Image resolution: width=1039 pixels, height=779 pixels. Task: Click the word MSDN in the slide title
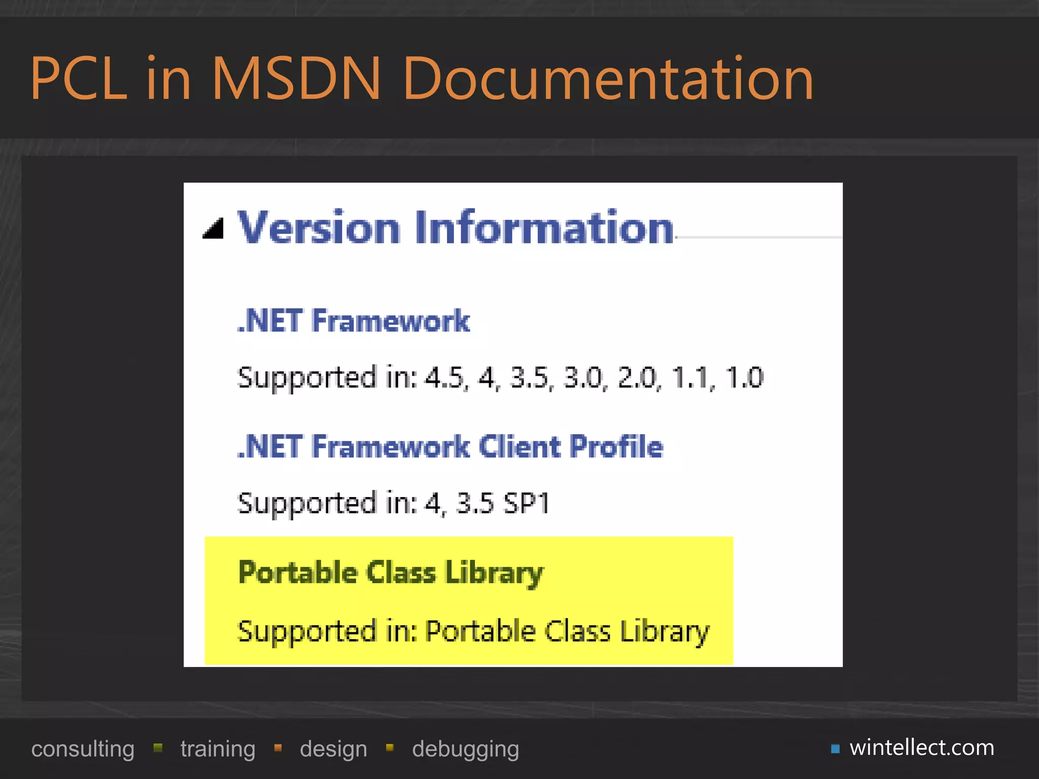click(295, 79)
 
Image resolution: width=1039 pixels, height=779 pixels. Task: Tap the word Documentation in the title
click(608, 79)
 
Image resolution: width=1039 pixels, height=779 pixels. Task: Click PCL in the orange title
click(79, 79)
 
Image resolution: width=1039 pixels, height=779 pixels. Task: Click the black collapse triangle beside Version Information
click(214, 229)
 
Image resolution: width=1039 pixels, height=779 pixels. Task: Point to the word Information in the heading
click(544, 228)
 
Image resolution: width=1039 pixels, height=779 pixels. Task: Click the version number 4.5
click(445, 378)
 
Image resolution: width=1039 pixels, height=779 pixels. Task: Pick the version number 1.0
click(744, 378)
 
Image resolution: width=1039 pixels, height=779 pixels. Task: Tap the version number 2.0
click(638, 378)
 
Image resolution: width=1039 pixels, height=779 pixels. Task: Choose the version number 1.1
click(691, 378)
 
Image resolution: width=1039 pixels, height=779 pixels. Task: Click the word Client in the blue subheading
click(521, 447)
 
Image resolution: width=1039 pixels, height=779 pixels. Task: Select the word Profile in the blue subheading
click(616, 447)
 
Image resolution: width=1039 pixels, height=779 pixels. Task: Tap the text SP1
click(526, 504)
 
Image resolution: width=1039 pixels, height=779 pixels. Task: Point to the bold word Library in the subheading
click(494, 574)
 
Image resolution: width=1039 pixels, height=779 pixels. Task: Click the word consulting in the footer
click(83, 749)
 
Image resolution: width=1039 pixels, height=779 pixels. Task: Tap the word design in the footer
click(333, 749)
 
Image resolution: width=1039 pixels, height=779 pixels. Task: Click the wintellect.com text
click(922, 748)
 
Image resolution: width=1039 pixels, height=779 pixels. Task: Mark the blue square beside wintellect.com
click(835, 749)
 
